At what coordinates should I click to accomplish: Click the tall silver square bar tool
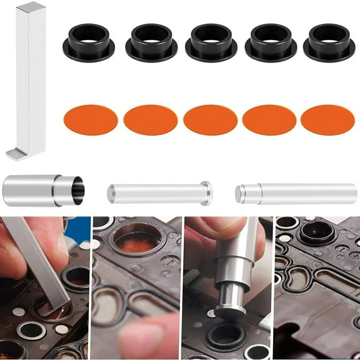[31, 75]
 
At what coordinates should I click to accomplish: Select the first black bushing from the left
[89, 42]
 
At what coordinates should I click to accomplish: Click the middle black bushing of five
[211, 42]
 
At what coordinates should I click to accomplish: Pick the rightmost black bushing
[329, 42]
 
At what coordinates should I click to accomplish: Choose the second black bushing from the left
[151, 42]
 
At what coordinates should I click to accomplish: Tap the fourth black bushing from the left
[270, 42]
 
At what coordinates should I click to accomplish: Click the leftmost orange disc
[91, 119]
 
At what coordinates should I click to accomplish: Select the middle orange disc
[211, 119]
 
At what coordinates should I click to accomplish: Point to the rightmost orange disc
[327, 119]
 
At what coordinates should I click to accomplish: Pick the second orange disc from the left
[151, 119]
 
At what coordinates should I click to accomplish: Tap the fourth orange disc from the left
[269, 119]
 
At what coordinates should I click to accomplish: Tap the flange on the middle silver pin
[207, 193]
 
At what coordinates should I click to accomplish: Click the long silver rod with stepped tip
[296, 194]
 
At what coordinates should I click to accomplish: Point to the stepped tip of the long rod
[241, 194]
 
